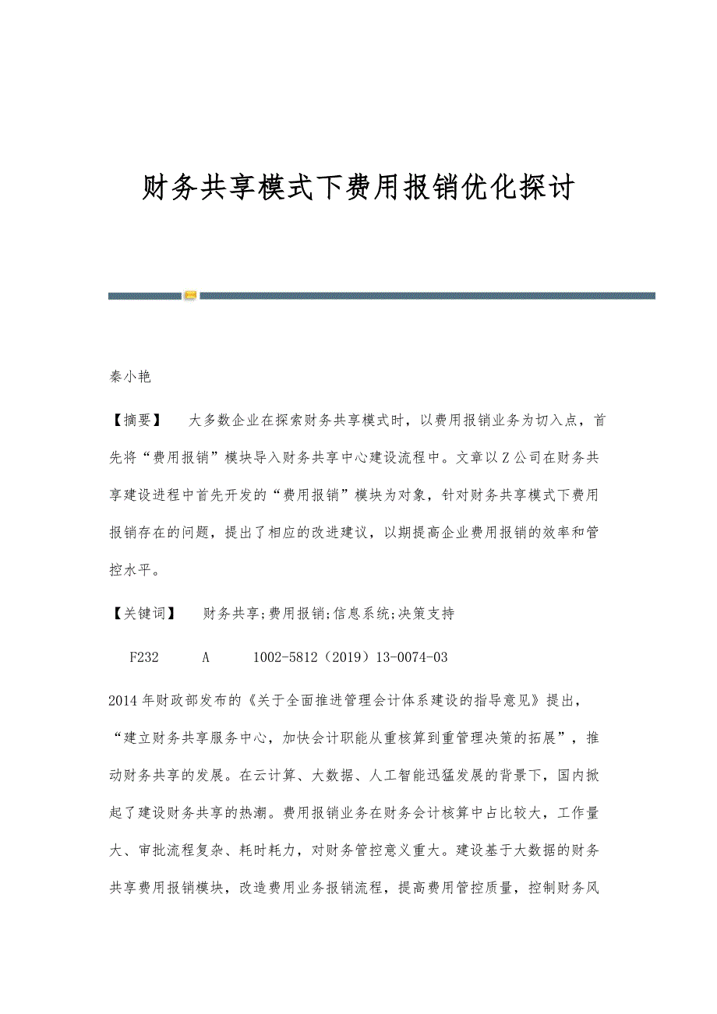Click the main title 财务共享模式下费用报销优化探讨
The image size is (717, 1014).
pyautogui.click(x=358, y=188)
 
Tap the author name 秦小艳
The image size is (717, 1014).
pyautogui.click(x=129, y=377)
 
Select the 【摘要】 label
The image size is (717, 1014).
pyautogui.click(x=136, y=421)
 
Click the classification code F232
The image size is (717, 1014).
pyautogui.click(x=144, y=657)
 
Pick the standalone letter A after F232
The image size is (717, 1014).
pyautogui.click(x=207, y=657)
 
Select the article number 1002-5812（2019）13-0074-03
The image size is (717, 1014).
pyautogui.click(x=351, y=657)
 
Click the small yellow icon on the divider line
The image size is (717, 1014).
pyautogui.click(x=190, y=296)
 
